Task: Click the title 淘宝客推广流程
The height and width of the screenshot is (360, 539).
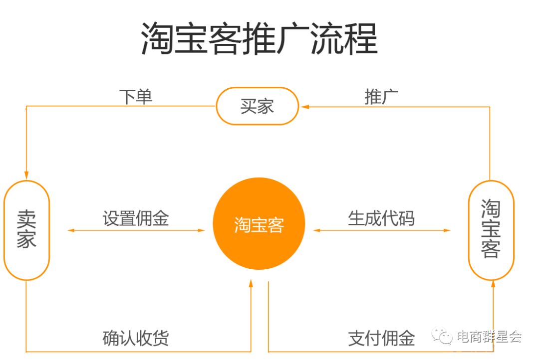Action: click(x=260, y=38)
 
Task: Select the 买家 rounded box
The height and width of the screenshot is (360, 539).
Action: click(x=257, y=106)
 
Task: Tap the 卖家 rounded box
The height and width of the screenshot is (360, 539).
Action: click(x=26, y=230)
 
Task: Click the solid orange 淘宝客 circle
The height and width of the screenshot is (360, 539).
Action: click(x=259, y=224)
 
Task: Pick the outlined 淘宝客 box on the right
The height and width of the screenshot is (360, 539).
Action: click(x=491, y=230)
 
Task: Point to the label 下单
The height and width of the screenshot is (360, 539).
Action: click(x=136, y=97)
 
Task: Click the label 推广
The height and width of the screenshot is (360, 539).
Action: click(x=381, y=97)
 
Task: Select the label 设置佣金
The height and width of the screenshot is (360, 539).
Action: click(x=136, y=218)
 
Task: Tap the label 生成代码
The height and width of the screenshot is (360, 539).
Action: click(x=381, y=218)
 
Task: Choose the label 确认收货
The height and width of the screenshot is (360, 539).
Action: click(x=136, y=338)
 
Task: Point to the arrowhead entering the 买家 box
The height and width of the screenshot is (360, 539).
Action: click(x=303, y=107)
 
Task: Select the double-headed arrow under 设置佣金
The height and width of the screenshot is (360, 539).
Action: click(x=136, y=230)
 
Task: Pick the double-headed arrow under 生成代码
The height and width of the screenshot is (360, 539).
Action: click(x=382, y=230)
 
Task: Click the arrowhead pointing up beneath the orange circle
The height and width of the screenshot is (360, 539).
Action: click(x=251, y=285)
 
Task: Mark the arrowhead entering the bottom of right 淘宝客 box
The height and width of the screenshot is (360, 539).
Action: click(x=493, y=285)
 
